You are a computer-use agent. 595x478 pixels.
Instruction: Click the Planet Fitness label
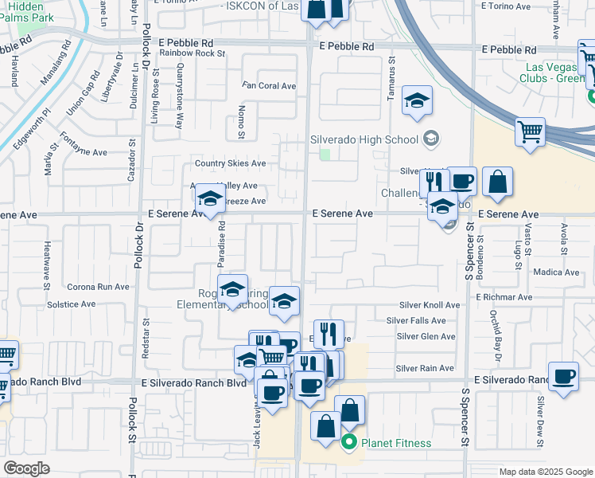(x=396, y=444)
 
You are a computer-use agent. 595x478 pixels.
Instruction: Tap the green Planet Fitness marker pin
(x=348, y=443)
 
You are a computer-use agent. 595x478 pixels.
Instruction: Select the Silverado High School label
(x=364, y=140)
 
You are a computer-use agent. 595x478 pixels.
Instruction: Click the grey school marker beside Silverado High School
(x=430, y=139)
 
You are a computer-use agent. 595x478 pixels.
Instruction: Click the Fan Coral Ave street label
(x=269, y=86)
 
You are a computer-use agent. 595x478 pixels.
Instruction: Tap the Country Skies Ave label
(x=231, y=164)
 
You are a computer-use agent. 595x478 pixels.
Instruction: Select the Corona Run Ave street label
(x=98, y=287)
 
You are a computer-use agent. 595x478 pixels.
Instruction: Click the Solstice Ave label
(x=72, y=304)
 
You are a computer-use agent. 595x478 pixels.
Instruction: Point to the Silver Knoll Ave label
(x=430, y=305)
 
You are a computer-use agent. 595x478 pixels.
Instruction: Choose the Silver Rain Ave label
(x=425, y=368)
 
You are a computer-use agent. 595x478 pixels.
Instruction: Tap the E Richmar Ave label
(x=504, y=296)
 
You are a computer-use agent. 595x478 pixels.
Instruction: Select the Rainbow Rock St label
(x=192, y=53)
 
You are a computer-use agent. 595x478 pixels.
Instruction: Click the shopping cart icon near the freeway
(x=530, y=131)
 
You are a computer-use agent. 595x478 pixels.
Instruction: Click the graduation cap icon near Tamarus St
(x=417, y=101)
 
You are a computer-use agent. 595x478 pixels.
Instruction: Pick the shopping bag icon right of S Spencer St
(x=497, y=181)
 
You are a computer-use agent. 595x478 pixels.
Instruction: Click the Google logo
(x=26, y=469)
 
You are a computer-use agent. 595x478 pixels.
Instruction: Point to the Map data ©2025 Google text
(x=545, y=472)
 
